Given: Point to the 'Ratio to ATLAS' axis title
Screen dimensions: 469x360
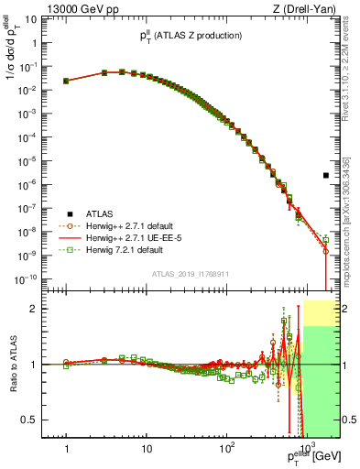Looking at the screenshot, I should pos(12,365).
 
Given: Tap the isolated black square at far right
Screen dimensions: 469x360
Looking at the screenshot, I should pos(326,175).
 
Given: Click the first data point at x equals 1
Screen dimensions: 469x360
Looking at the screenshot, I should pos(66,81).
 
